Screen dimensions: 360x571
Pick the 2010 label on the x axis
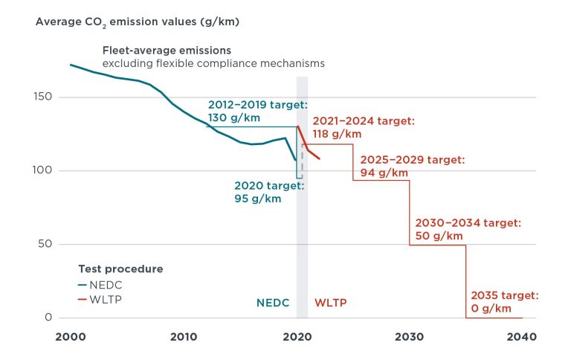click(x=184, y=336)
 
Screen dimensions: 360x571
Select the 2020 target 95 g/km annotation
click(x=258, y=193)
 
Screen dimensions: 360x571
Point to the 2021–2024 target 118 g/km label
click(x=363, y=127)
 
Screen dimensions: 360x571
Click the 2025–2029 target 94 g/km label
click(x=413, y=166)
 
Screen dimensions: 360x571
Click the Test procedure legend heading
click(x=120, y=268)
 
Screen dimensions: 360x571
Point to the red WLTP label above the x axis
click(x=330, y=303)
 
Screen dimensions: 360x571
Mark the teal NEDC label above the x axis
click(x=273, y=303)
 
